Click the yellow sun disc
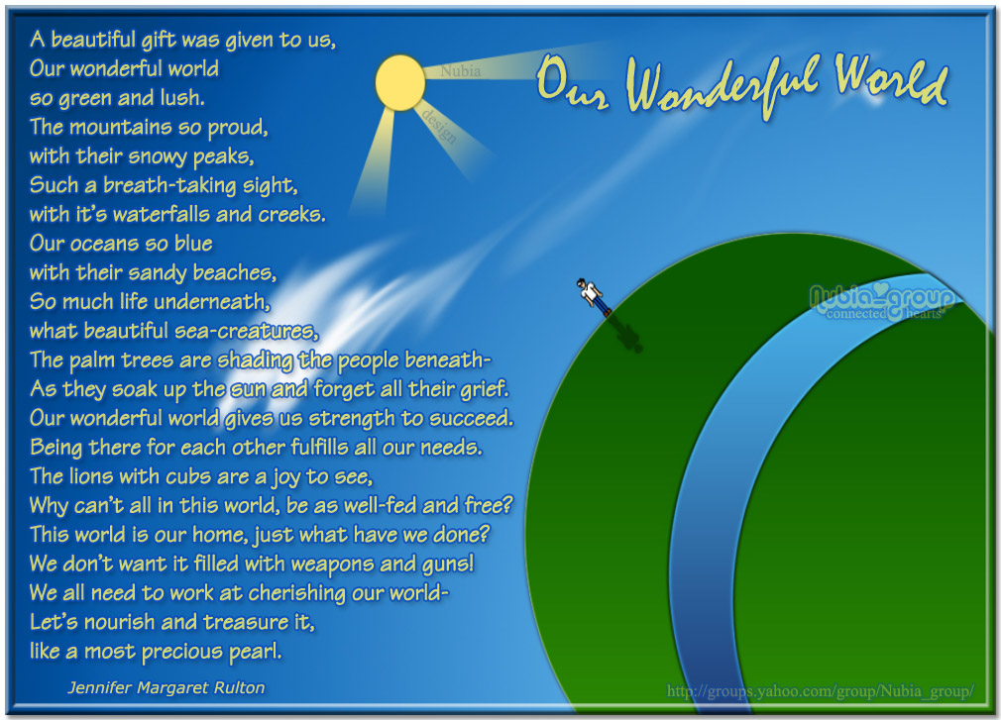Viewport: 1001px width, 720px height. coord(400,82)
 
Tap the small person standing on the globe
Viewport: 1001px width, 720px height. coord(593,295)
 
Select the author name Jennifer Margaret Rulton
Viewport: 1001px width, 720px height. coord(167,686)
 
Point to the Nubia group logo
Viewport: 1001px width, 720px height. coord(881,302)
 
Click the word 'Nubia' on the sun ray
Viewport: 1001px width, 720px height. coord(461,71)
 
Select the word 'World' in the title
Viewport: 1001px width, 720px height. coord(891,82)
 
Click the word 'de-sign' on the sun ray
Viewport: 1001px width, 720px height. coord(440,127)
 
